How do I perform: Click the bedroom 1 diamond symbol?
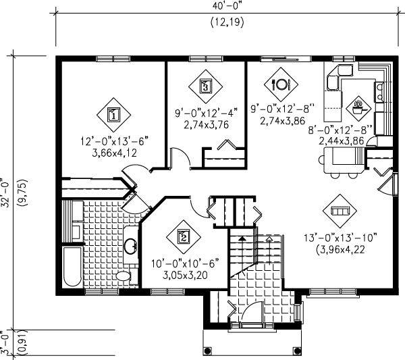click(x=113, y=115)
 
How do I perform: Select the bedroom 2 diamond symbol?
click(x=184, y=237)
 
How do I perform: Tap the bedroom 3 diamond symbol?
click(x=205, y=86)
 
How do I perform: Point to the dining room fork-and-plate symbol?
click(x=281, y=84)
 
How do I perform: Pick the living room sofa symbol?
click(x=340, y=211)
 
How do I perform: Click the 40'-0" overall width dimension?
click(x=227, y=6)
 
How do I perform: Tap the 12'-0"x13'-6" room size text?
click(x=115, y=142)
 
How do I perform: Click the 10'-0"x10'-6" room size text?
click(x=185, y=264)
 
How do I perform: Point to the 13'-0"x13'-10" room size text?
click(x=340, y=238)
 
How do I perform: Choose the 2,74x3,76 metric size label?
click(x=206, y=125)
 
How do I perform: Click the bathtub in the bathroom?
click(x=73, y=267)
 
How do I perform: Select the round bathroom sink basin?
click(x=130, y=247)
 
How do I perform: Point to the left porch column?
click(x=207, y=351)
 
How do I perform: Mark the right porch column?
click(x=297, y=351)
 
